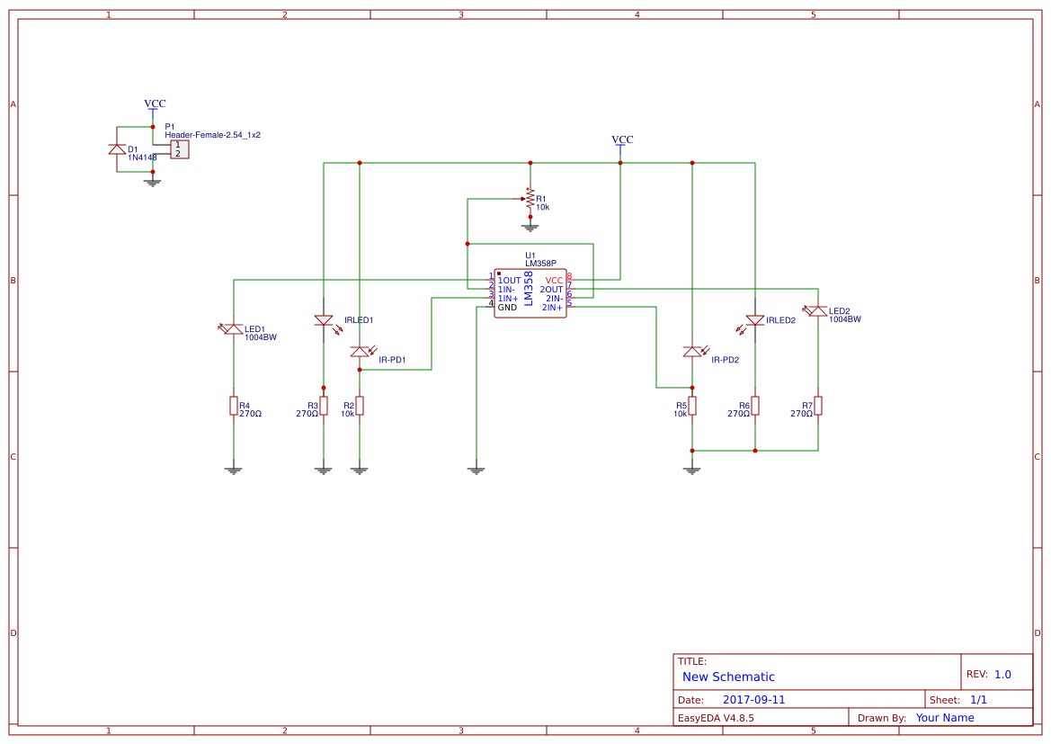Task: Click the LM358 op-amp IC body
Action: [x=530, y=293]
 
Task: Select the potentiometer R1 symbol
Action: [x=530, y=198]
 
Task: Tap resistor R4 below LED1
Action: [x=234, y=406]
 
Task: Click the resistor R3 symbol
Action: [x=324, y=406]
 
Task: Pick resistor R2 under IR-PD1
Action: [x=360, y=406]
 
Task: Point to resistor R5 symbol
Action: [x=692, y=406]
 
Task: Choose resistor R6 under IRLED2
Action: [x=755, y=406]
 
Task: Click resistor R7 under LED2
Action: [x=818, y=406]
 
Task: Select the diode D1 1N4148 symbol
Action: [x=117, y=149]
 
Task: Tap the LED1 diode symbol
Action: [x=234, y=329]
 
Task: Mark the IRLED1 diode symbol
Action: [x=324, y=320]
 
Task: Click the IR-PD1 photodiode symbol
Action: [x=360, y=352]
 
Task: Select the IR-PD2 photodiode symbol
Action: [x=692, y=352]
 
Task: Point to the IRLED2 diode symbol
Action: [x=755, y=320]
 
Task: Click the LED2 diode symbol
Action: [x=818, y=311]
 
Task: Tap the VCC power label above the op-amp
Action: [x=622, y=140]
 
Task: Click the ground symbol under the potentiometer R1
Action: [x=530, y=227]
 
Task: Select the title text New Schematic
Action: [x=728, y=677]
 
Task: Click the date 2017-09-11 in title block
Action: [x=753, y=700]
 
